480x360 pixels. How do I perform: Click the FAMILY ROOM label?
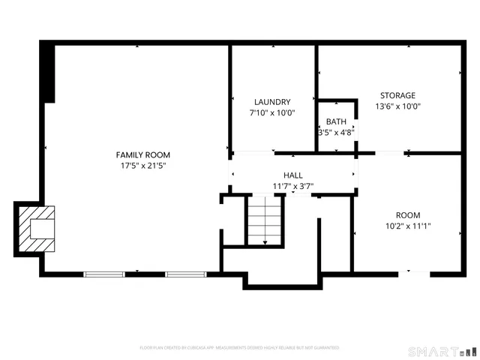[x=142, y=154]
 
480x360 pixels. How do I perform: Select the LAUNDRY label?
[x=272, y=102]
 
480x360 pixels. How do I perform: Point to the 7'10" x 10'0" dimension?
[x=272, y=113]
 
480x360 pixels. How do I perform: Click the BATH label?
[x=336, y=121]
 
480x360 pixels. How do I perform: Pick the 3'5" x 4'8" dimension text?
[x=335, y=132]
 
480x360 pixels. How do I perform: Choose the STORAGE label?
[x=397, y=95]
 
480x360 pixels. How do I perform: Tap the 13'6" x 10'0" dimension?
[x=397, y=106]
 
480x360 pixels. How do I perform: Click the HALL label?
[x=292, y=175]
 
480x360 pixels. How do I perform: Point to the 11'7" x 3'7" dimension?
[x=292, y=186]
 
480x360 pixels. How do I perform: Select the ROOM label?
[x=408, y=214]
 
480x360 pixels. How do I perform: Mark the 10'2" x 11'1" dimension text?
[x=408, y=225]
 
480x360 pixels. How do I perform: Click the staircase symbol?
[x=264, y=219]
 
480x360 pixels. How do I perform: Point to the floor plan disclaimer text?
[x=239, y=348]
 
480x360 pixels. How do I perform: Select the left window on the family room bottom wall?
[x=104, y=274]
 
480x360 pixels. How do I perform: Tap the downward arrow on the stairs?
[x=264, y=238]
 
